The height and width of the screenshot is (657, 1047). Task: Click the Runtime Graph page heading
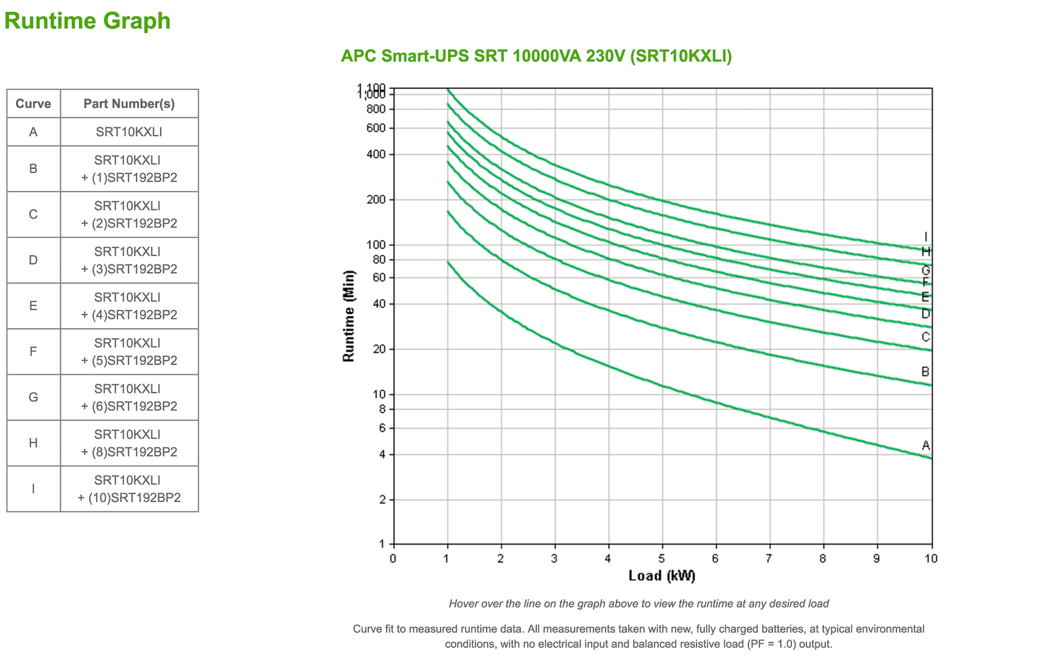(87, 20)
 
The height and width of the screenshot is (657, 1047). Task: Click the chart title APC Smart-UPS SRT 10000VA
(536, 56)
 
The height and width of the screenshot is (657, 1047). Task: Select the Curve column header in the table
(33, 104)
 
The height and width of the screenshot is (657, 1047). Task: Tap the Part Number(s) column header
(129, 104)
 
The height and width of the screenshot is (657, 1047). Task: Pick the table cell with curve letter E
(33, 306)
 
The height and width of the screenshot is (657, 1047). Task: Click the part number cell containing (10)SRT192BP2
(129, 489)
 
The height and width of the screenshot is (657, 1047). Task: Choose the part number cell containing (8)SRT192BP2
(129, 443)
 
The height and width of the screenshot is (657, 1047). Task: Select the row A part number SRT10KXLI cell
(129, 132)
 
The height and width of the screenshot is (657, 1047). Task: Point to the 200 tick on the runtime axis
(376, 200)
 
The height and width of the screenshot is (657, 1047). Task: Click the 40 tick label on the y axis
(379, 304)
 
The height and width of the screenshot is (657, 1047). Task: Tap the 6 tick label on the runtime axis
(382, 428)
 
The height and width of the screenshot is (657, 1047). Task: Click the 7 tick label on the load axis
(769, 558)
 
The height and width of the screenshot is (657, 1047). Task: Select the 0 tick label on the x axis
(393, 558)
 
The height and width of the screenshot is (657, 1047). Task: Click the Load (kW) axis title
(662, 576)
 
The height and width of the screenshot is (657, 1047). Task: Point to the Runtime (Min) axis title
(349, 316)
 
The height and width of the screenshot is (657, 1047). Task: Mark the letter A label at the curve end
(925, 445)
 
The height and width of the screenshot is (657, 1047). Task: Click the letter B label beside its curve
(925, 372)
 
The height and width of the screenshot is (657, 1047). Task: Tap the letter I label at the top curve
(925, 237)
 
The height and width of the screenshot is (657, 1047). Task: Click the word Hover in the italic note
(464, 603)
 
